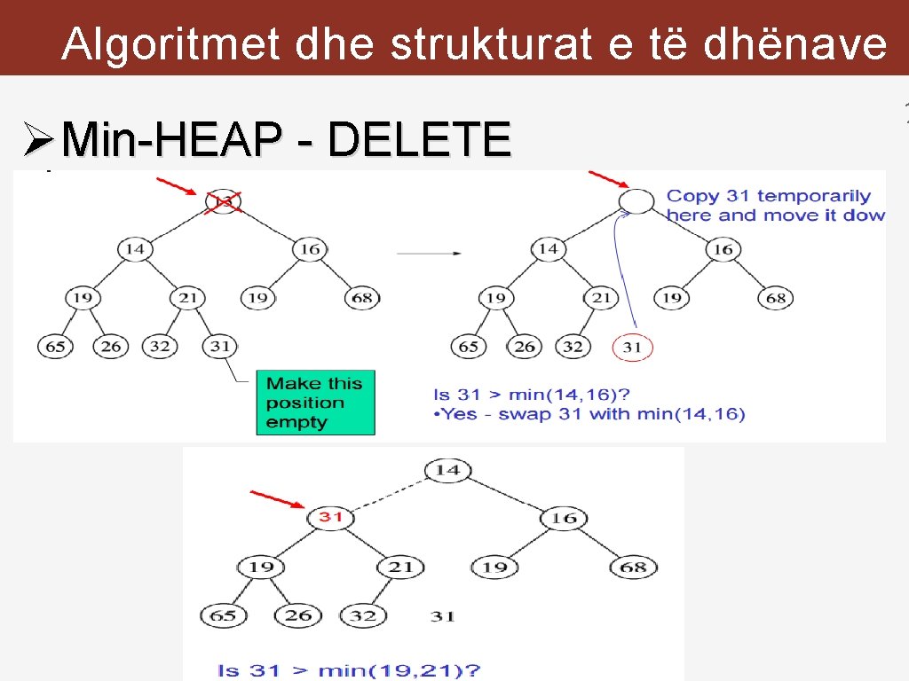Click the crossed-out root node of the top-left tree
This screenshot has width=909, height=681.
(224, 202)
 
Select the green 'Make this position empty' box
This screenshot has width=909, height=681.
(315, 403)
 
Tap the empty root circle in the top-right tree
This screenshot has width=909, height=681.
(636, 201)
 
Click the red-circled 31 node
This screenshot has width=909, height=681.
(632, 347)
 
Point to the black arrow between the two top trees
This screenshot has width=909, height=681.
(429, 254)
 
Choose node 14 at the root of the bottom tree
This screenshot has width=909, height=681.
(447, 469)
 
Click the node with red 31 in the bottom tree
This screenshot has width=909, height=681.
(330, 516)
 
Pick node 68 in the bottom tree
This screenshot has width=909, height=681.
(633, 567)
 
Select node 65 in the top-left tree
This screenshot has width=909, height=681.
(56, 346)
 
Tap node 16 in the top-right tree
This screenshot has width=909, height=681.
(723, 249)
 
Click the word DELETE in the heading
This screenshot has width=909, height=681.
(418, 139)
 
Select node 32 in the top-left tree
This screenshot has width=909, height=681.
(160, 346)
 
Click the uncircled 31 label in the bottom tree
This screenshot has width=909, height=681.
(443, 615)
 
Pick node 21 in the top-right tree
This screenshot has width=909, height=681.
(602, 298)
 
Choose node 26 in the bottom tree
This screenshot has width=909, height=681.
(298, 614)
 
